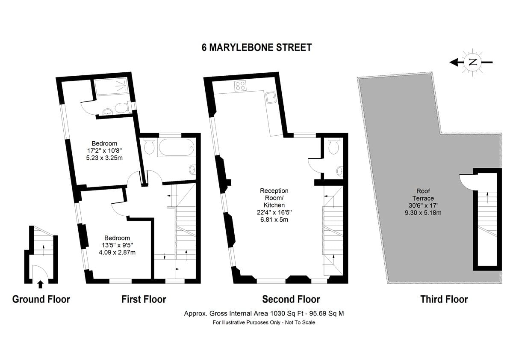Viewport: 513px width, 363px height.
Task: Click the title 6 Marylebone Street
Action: click(256, 48)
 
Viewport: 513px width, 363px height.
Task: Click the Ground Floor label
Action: click(41, 299)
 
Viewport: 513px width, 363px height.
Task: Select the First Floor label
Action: click(144, 299)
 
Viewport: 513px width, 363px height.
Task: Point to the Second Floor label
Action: click(291, 299)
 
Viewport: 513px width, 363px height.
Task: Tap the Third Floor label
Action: click(444, 299)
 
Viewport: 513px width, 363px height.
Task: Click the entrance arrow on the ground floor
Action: click(40, 283)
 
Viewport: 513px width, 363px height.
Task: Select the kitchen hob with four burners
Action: click(240, 86)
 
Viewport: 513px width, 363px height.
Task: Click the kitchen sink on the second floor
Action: click(270, 98)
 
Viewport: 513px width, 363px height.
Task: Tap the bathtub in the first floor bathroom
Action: click(176, 148)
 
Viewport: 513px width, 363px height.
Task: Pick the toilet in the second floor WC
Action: click(333, 146)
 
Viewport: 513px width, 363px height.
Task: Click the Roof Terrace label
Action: click(423, 195)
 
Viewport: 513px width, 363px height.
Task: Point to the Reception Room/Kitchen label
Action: click(274, 198)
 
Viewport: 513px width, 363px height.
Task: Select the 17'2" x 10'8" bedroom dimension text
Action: click(104, 150)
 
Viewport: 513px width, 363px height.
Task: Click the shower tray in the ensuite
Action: click(110, 87)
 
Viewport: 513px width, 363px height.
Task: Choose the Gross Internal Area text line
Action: click(264, 313)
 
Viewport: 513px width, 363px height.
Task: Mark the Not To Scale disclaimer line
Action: click(264, 322)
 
